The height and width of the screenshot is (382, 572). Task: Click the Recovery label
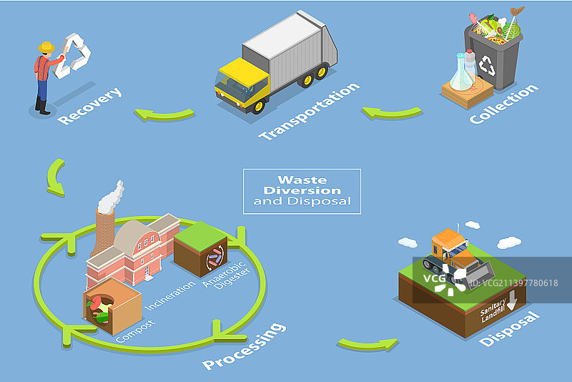pyautogui.click(x=89, y=107)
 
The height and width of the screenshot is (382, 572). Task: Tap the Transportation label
pyautogui.click(x=309, y=112)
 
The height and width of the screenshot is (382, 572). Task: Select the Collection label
pyautogui.click(x=503, y=104)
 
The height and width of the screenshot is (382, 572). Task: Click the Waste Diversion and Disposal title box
pyautogui.click(x=302, y=191)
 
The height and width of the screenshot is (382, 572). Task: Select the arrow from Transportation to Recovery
pyautogui.click(x=165, y=114)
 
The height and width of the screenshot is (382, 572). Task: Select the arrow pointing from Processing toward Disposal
pyautogui.click(x=368, y=344)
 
